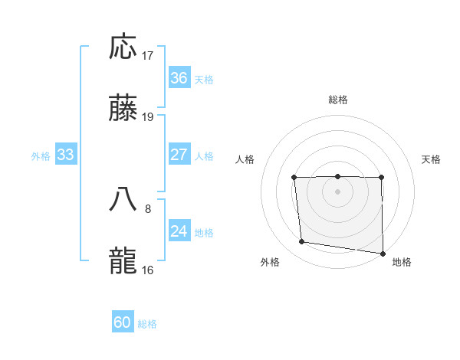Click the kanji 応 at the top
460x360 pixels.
click(123, 47)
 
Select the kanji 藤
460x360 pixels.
click(123, 108)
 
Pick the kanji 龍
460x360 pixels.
click(123, 260)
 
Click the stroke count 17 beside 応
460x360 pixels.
click(148, 56)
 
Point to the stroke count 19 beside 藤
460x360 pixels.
click(148, 117)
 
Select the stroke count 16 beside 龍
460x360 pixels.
click(148, 269)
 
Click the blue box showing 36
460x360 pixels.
click(179, 78)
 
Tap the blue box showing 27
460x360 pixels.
click(179, 155)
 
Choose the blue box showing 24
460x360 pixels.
click(179, 231)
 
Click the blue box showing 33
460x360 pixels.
click(65, 155)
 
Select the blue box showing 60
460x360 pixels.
click(123, 322)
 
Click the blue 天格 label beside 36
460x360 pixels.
click(204, 79)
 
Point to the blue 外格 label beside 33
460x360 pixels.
click(41, 155)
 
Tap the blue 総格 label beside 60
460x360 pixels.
click(147, 323)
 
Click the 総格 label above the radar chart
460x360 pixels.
click(337, 100)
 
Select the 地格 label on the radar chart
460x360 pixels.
click(402, 262)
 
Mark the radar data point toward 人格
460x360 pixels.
click(294, 178)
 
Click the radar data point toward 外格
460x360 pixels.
click(302, 242)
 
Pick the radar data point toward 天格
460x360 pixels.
click(381, 178)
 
